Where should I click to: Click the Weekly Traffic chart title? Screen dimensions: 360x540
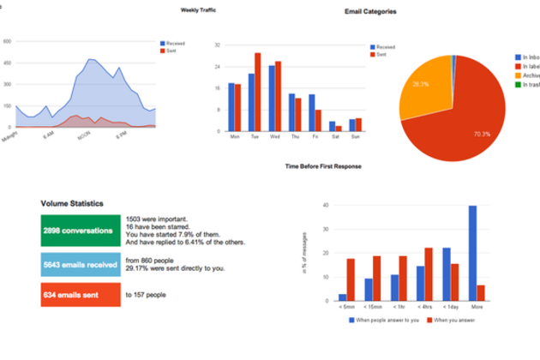click(198, 11)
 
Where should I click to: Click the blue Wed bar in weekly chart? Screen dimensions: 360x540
click(271, 96)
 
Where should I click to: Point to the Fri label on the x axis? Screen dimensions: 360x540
click(317, 135)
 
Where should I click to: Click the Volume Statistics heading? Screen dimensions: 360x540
click(73, 204)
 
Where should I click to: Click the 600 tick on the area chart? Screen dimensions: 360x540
click(6, 41)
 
